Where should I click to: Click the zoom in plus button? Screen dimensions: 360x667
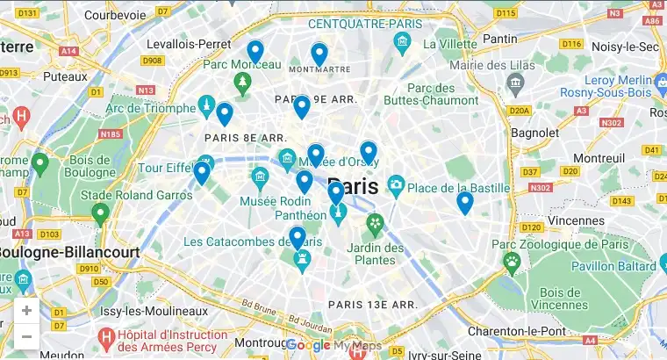click(26, 311)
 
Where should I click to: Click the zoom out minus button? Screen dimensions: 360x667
click(26, 336)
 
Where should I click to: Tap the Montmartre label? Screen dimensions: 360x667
click(319, 68)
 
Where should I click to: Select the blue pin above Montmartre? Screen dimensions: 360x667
click(319, 54)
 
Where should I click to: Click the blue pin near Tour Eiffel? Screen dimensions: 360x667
click(202, 172)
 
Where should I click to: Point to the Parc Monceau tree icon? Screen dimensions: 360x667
click(242, 83)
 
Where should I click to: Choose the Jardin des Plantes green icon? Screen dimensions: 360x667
click(376, 223)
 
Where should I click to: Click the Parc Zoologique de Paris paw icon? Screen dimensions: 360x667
click(512, 261)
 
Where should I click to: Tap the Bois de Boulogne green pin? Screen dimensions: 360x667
click(39, 162)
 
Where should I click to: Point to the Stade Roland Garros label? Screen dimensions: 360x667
click(143, 195)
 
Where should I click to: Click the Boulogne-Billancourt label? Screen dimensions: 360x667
click(68, 252)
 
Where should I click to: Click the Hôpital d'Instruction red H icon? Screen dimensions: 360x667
click(106, 335)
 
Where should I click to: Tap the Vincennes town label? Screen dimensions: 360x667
click(579, 220)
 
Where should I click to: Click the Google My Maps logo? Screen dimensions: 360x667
click(333, 346)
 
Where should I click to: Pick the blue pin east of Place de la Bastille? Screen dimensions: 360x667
click(464, 203)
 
